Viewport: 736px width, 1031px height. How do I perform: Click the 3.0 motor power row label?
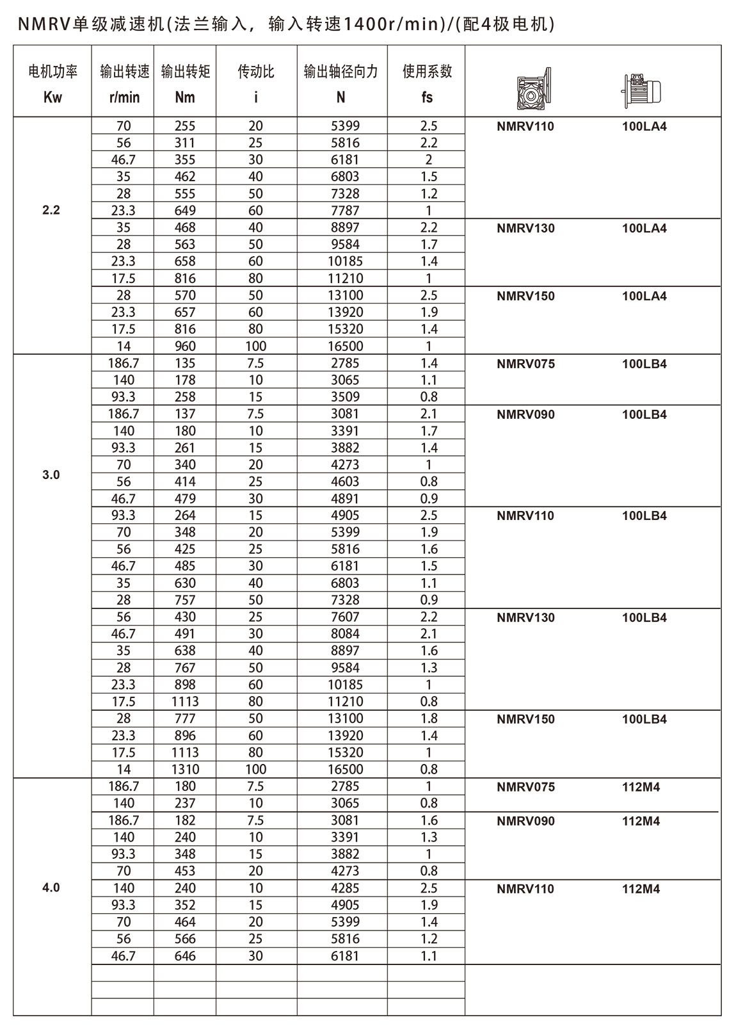click(51, 475)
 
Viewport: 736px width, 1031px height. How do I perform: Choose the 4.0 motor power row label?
click(51, 888)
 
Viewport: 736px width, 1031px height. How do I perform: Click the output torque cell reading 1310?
click(185, 769)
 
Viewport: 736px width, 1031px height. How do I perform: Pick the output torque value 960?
click(185, 346)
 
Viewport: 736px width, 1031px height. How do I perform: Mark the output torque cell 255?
click(185, 126)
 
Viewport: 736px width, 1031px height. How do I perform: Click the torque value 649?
click(185, 211)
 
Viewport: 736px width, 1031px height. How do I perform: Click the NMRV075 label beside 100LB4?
click(525, 364)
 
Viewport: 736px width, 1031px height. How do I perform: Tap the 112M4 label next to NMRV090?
click(641, 821)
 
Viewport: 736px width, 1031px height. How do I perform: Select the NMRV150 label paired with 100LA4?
click(525, 296)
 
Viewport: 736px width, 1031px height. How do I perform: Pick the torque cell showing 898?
click(185, 685)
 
